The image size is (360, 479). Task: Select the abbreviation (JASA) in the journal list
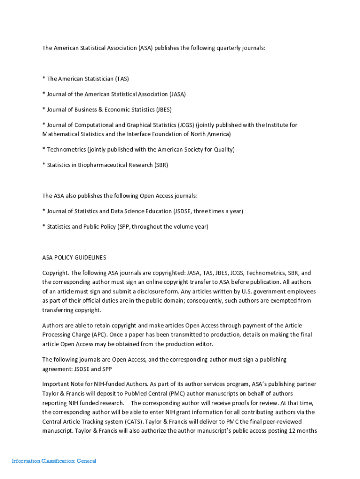point(177,94)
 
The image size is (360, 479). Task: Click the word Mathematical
point(60,134)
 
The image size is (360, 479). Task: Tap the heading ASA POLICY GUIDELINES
point(74,257)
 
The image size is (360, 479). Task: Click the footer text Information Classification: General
point(54,461)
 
